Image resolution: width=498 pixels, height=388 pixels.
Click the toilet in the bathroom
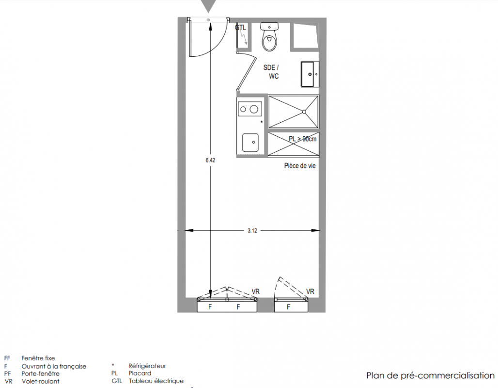click(269, 36)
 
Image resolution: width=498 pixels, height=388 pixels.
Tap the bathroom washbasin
click(310, 74)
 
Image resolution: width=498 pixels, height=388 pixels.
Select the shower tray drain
click(304, 112)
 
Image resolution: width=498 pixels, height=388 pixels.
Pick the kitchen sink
click(250, 143)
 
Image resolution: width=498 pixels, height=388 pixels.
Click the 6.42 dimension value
click(210, 160)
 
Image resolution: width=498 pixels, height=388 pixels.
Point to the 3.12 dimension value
click(252, 230)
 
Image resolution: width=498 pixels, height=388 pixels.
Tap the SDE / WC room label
click(271, 72)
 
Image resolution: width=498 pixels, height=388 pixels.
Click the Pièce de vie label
click(300, 166)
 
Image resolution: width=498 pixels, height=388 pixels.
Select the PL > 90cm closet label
click(303, 139)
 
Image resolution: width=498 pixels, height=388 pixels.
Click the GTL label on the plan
click(240, 28)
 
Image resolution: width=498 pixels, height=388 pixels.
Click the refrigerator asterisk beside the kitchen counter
click(262, 122)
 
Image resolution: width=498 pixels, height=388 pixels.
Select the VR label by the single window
click(311, 291)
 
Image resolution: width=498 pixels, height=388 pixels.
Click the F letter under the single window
click(288, 307)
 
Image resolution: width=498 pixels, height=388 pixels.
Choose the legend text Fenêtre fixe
click(38, 358)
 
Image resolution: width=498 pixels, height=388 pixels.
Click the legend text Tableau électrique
click(156, 381)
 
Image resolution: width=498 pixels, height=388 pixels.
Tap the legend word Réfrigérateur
click(147, 366)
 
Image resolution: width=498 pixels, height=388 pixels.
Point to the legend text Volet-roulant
click(40, 381)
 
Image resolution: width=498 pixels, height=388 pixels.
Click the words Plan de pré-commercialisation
click(430, 375)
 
